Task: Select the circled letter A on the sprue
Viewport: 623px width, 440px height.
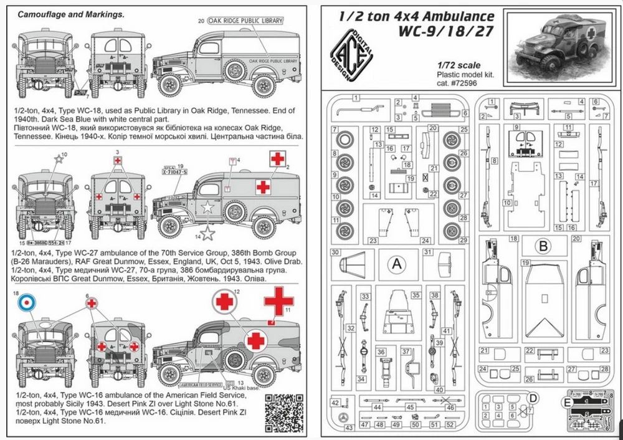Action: pos(397,264)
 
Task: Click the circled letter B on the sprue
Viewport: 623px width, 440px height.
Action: pos(543,246)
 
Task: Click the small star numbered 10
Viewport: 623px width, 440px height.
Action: pos(58,160)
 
